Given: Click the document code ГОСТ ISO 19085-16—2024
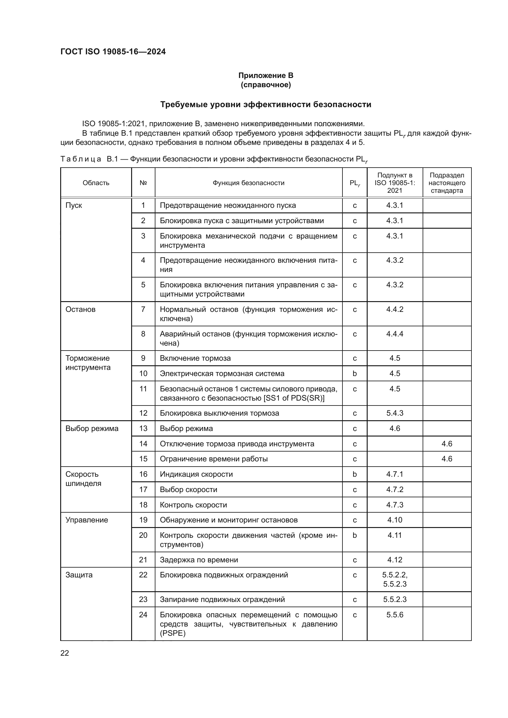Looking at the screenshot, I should point(113,52).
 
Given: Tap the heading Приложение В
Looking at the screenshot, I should point(266,76).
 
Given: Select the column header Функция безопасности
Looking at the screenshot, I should point(248,183).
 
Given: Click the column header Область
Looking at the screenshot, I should point(96,183).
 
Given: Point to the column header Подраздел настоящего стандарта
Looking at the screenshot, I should point(447,183).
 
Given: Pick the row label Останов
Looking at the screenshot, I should point(80,309).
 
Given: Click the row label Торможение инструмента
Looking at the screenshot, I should point(88,363).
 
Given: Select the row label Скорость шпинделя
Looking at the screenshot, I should point(84,479).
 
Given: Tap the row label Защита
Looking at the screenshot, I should point(79,575).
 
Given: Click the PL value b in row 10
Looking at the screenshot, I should point(354,373).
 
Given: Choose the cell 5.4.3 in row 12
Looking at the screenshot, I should point(395,413).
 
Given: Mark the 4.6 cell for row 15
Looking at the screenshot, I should point(447,459).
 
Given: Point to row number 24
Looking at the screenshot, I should point(143,615).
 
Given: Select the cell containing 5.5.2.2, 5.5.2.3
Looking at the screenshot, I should point(395,580).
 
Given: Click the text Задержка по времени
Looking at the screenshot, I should point(199,560).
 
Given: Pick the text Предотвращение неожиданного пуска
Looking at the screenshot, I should point(228,205).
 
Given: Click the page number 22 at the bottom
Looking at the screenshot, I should point(65,653).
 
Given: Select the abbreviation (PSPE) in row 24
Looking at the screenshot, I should point(173,633).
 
